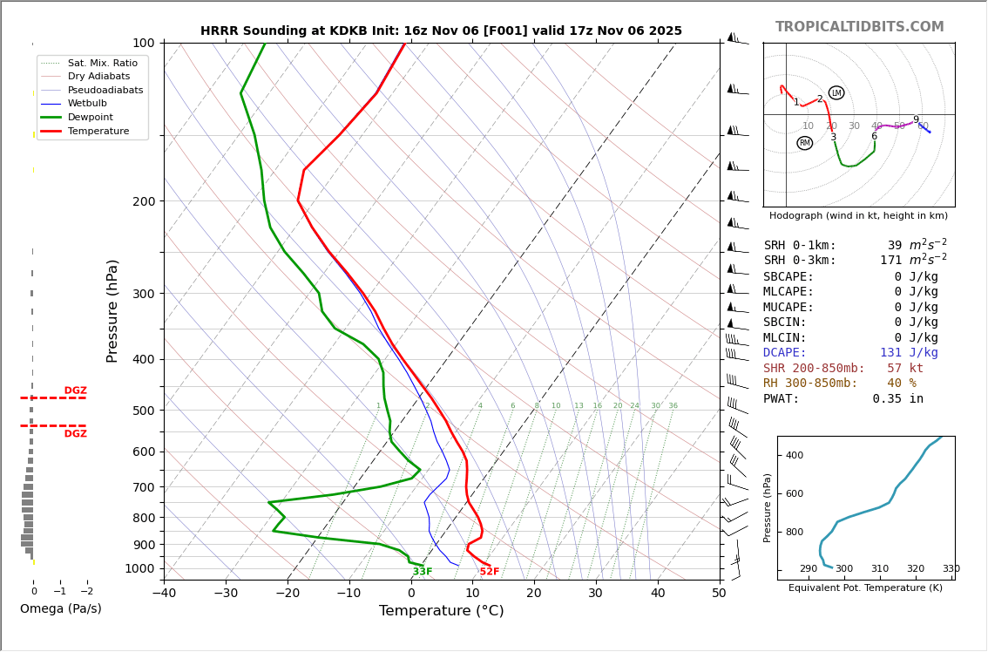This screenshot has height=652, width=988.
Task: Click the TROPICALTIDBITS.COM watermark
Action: pos(859,27)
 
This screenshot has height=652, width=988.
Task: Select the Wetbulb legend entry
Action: pos(87,103)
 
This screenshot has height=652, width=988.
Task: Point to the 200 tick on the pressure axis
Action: pos(143,201)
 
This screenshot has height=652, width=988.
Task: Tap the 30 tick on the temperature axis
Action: pos(595,594)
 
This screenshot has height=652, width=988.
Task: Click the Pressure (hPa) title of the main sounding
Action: pos(112,310)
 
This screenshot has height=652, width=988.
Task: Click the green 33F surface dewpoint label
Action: pos(423,572)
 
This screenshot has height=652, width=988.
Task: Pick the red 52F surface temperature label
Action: pos(490,572)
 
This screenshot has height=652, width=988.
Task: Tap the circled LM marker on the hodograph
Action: pos(836,93)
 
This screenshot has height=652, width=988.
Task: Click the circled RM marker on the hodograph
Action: pos(804,143)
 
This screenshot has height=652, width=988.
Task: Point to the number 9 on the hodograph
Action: pos(916,120)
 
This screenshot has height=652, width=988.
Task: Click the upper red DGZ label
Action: pos(75,391)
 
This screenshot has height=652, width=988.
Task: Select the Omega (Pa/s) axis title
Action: pos(60,609)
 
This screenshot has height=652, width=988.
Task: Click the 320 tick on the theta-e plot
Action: pos(915,569)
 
